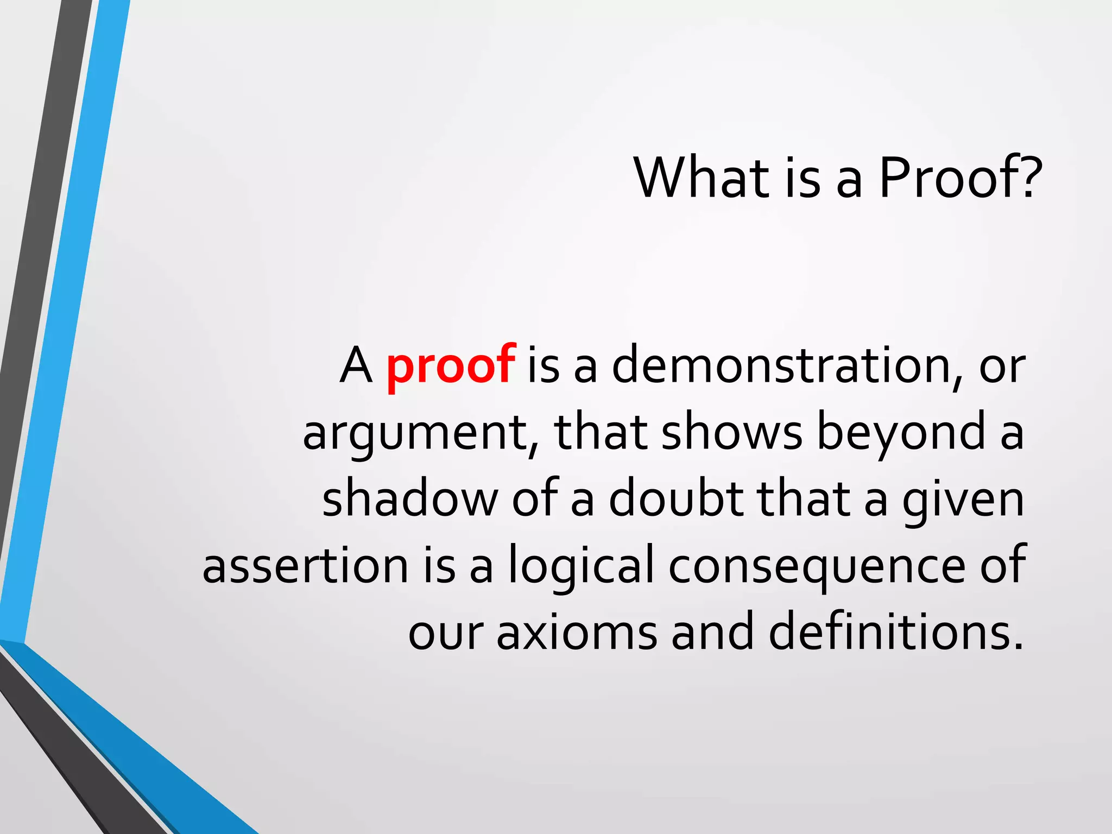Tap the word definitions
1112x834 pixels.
(x=896, y=633)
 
